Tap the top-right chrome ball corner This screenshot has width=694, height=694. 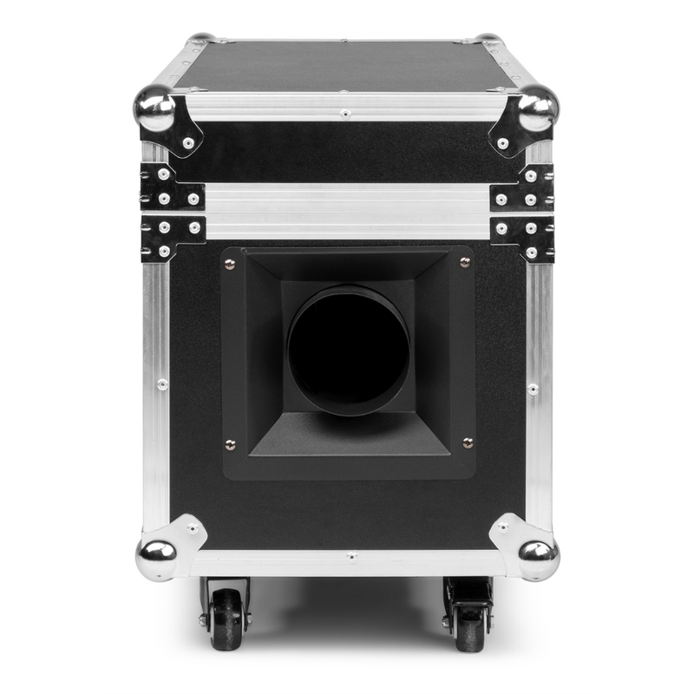point(539,108)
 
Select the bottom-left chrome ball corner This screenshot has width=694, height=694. point(155,556)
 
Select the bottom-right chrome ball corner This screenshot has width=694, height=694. point(539,556)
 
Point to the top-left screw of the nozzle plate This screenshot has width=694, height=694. point(231,265)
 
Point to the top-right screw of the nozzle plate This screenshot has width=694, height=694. point(465,263)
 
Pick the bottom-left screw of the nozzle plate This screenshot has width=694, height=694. point(230,445)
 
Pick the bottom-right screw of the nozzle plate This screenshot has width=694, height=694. point(467,443)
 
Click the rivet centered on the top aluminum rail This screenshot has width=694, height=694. point(345,114)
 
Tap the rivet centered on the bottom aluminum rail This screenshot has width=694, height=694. point(350,556)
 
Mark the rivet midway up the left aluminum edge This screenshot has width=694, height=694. point(162,383)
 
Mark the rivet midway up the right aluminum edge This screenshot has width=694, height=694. point(533,388)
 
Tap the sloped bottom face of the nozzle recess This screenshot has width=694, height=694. point(349,434)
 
